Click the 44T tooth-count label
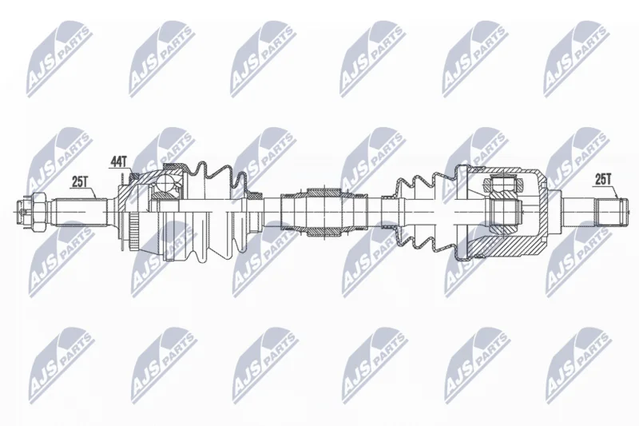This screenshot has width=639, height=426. pos(119,161)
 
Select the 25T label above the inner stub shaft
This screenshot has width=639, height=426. pos(604,178)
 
